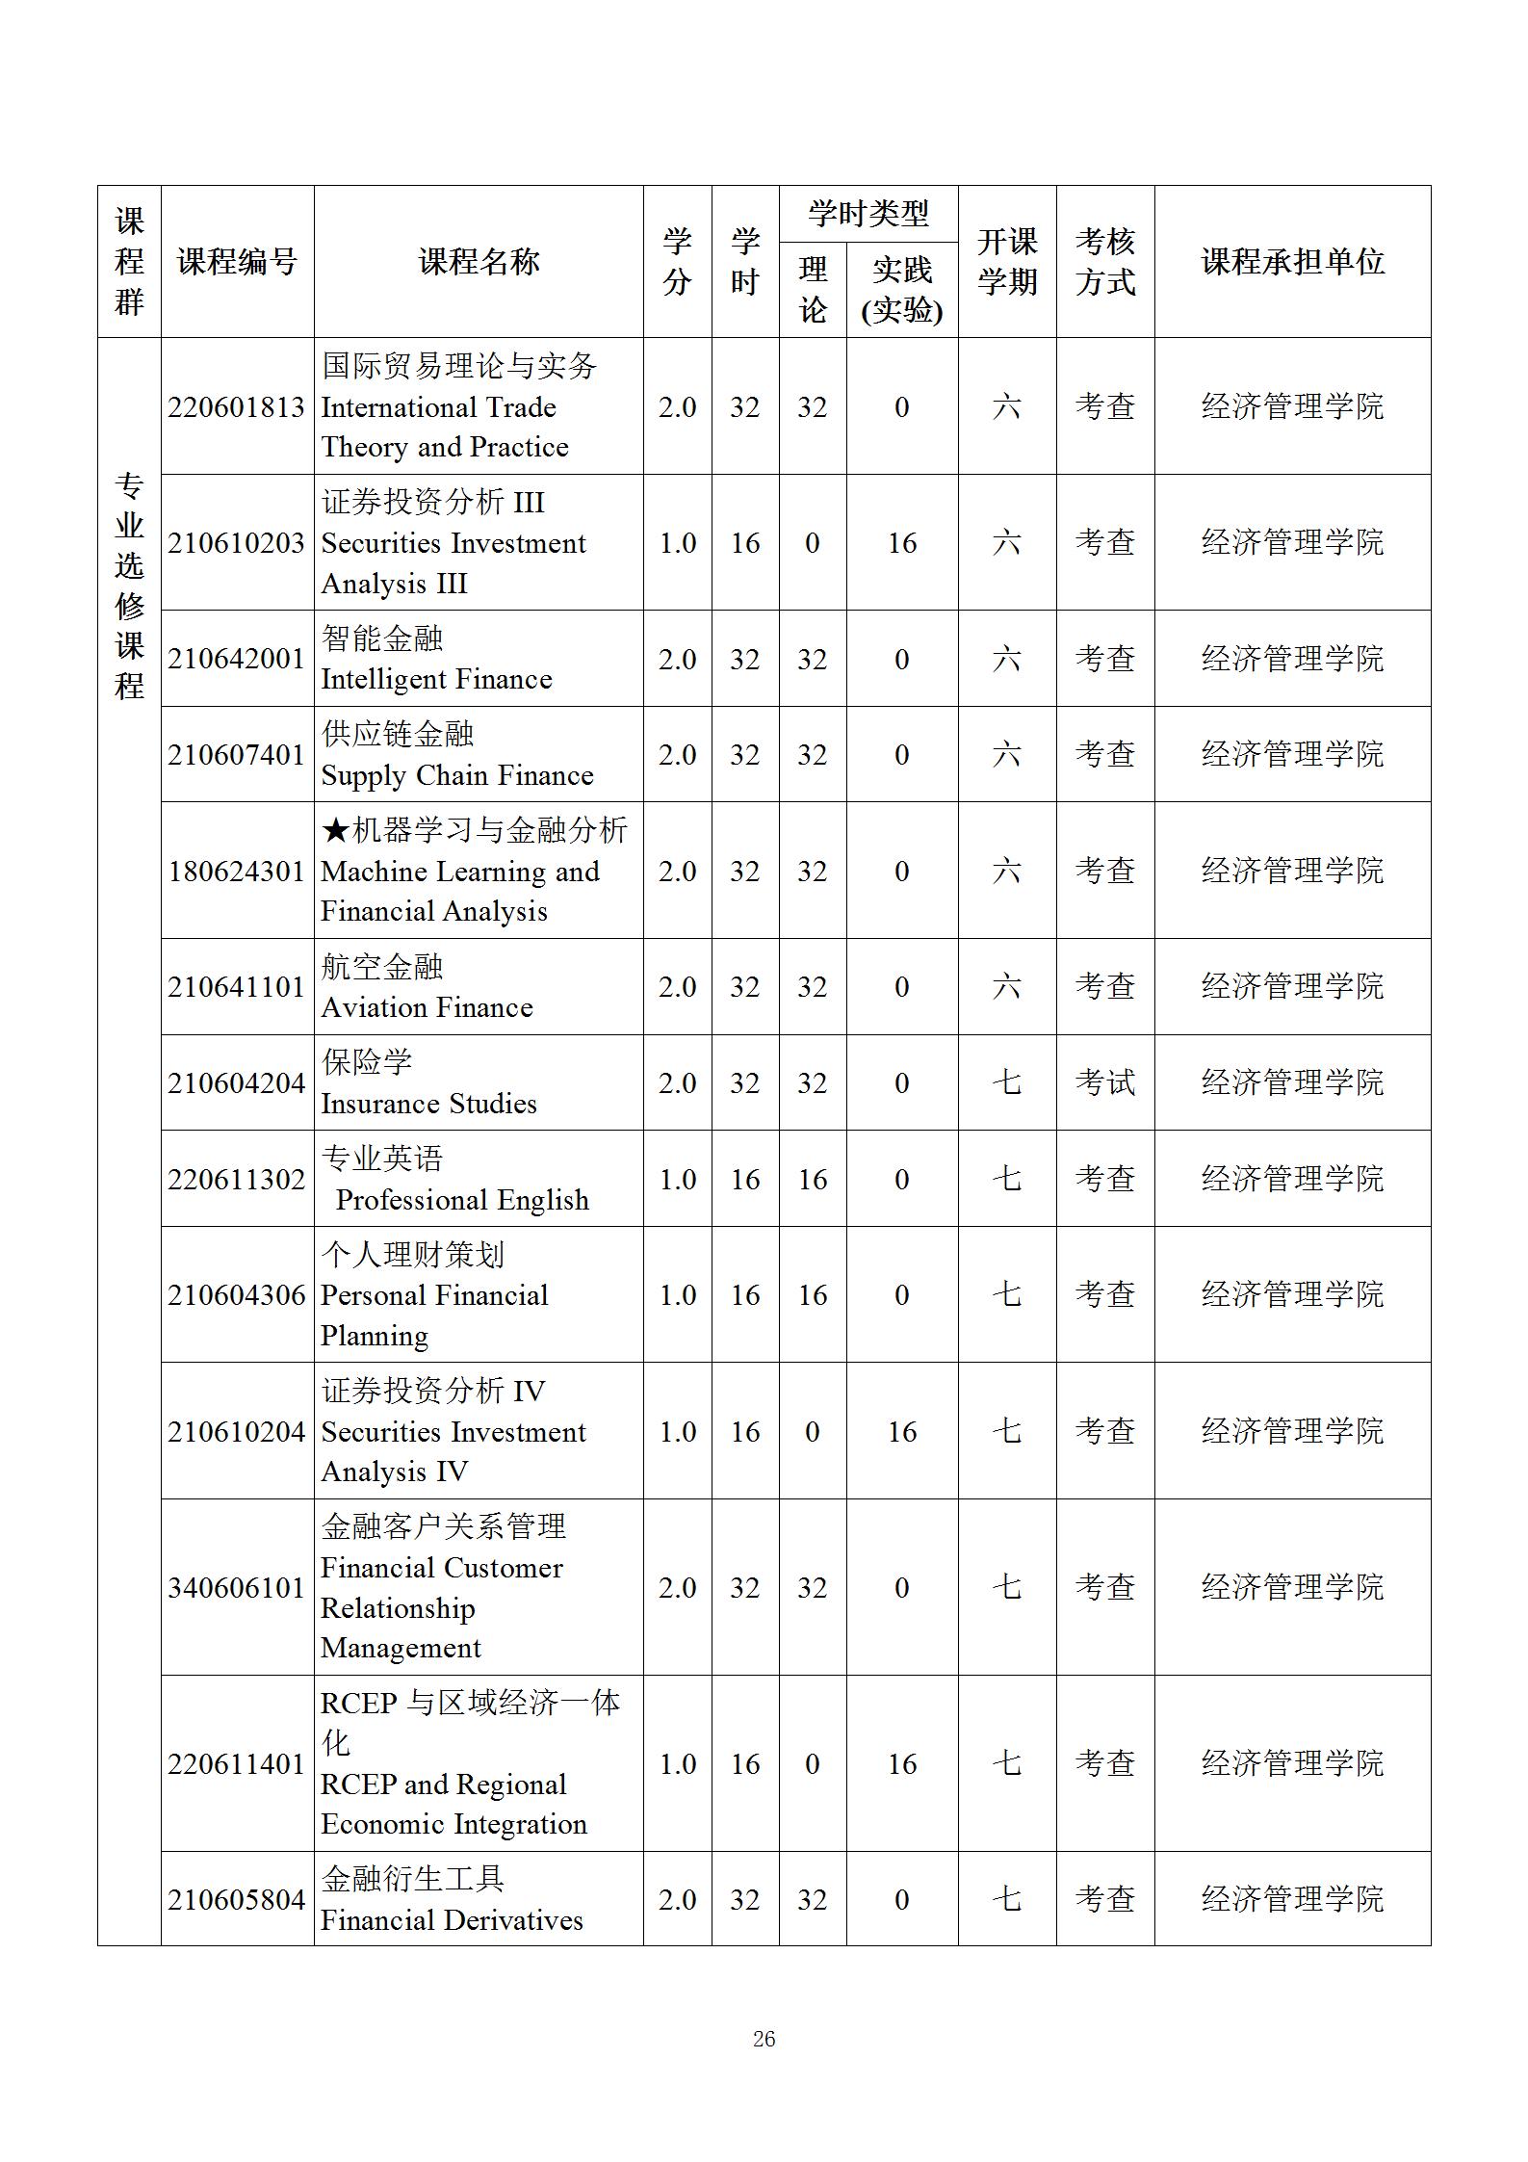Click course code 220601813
click(236, 406)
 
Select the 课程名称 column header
click(479, 262)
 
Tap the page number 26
click(764, 2039)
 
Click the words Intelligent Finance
click(436, 679)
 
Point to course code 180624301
click(236, 871)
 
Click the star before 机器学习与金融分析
click(335, 830)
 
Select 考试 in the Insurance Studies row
click(1104, 1082)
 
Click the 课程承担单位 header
click(1292, 262)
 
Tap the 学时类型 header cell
click(868, 213)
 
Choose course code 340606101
click(236, 1587)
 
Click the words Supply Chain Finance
click(457, 775)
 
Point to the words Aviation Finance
click(427, 1007)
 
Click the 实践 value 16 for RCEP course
click(901, 1763)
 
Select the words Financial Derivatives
click(452, 1919)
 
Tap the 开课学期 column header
click(1006, 262)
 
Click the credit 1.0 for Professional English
click(677, 1179)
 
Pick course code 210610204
click(236, 1431)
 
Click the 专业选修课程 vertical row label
click(129, 586)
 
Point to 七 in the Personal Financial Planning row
click(1006, 1294)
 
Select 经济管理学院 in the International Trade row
click(1292, 406)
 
